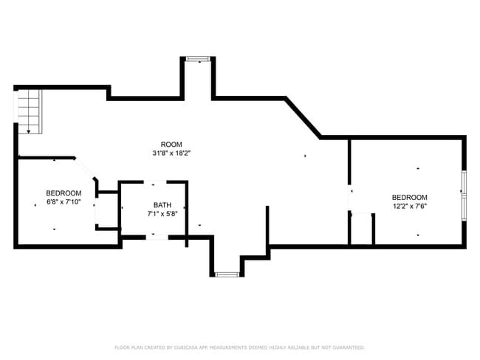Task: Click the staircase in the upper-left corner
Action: [x=29, y=111]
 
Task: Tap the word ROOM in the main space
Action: [x=171, y=144]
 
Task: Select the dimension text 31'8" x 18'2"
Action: [x=171, y=153]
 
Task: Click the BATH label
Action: [x=162, y=204]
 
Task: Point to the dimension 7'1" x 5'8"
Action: [x=162, y=214]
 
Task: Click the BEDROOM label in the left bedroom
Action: [x=64, y=193]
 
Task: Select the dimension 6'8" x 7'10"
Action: [x=64, y=202]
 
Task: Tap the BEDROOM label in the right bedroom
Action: [x=409, y=197]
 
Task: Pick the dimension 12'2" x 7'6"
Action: [x=409, y=207]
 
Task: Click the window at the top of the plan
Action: [x=198, y=58]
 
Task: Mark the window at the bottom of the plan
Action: [x=227, y=274]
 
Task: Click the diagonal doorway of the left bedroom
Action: [x=86, y=169]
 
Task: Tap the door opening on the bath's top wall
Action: [x=154, y=182]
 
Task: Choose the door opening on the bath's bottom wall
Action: [x=154, y=237]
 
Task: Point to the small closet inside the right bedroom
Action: [x=361, y=230]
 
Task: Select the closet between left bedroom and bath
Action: [x=107, y=211]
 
